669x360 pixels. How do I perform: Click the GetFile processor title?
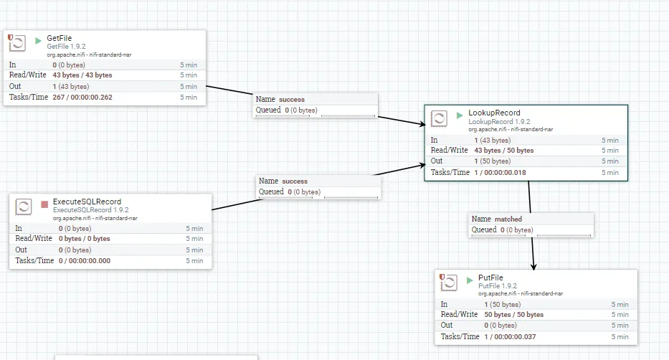pyautogui.click(x=60, y=38)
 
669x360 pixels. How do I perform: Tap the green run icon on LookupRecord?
pyautogui.click(x=460, y=114)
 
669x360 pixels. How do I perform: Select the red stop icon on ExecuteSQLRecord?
pyautogui.click(x=44, y=204)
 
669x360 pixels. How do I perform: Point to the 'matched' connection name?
pyautogui.click(x=508, y=219)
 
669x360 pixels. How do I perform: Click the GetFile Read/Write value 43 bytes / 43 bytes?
pyautogui.click(x=82, y=75)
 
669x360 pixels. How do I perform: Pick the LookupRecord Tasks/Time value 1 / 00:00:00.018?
pyautogui.click(x=500, y=172)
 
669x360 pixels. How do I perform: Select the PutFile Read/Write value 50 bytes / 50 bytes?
pyautogui.click(x=513, y=314)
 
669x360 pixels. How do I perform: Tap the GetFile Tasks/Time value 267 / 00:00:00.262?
pyautogui.click(x=82, y=97)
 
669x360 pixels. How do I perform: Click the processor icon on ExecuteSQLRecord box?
pyautogui.click(x=24, y=207)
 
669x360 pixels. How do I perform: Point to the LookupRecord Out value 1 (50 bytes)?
pyautogui.click(x=492, y=161)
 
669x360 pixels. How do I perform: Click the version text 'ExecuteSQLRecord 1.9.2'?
pyautogui.click(x=91, y=210)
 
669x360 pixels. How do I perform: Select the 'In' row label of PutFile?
pyautogui.click(x=445, y=303)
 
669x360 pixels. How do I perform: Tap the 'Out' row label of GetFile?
pyautogui.click(x=16, y=86)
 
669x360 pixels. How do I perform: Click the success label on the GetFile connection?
pyautogui.click(x=292, y=100)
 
